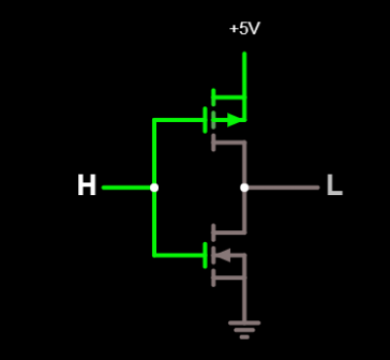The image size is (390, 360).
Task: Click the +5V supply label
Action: pos(245,29)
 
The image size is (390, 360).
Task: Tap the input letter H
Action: pos(87,185)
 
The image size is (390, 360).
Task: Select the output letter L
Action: pos(334,185)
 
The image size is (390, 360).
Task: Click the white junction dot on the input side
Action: pos(154,187)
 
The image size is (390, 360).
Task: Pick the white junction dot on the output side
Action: pos(245,187)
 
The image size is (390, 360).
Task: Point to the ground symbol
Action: pos(245,330)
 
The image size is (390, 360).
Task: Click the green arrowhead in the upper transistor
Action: pos(234,120)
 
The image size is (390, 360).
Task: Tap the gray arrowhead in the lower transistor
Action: pos(223,256)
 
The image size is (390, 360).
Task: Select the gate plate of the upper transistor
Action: pos(205,120)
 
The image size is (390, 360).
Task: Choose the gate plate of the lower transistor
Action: pos(205,256)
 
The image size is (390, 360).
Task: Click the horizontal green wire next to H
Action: pos(128,187)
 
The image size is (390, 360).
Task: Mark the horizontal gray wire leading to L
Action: pos(282,187)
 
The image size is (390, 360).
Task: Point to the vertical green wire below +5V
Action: pos(245,86)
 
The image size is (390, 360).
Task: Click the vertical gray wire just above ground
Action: pos(245,300)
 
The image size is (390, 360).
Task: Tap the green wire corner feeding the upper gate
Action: pos(154,120)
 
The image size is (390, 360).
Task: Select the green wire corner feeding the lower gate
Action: pos(154,256)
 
